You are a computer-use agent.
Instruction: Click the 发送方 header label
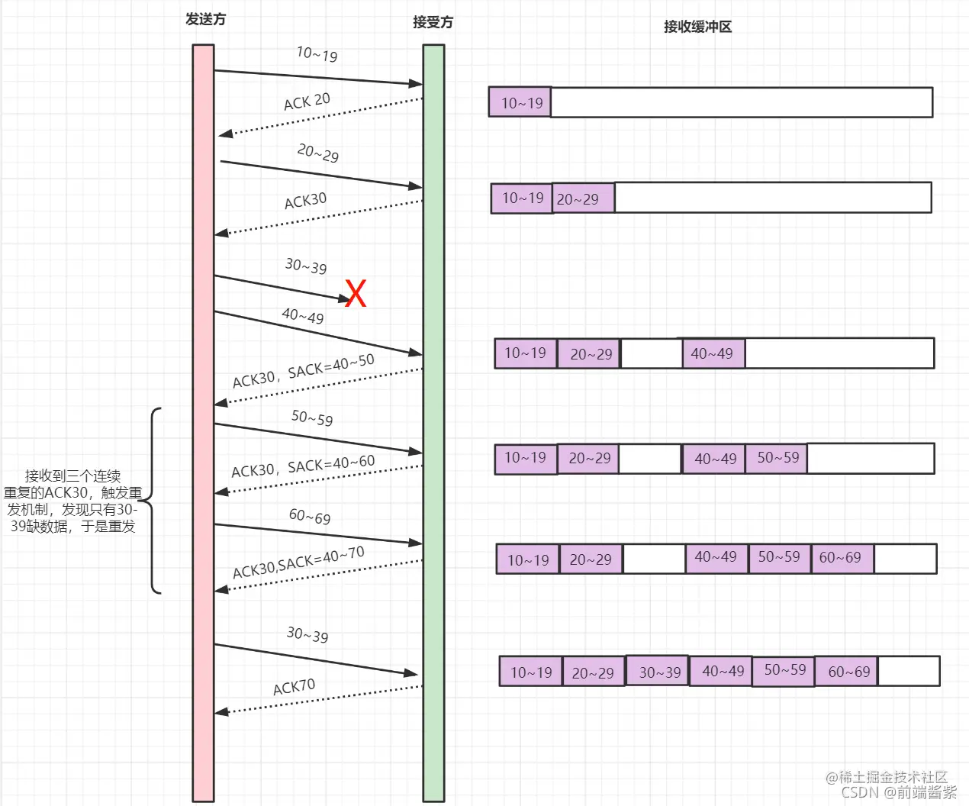tap(206, 20)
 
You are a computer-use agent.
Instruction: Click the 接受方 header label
tap(433, 22)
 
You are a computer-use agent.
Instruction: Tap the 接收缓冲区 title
tap(697, 27)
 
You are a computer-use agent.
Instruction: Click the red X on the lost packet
tap(356, 293)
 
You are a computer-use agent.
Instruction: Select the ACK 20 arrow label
tap(307, 102)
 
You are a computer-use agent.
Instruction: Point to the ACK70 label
tap(294, 687)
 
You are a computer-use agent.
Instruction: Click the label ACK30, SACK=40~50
tap(303, 371)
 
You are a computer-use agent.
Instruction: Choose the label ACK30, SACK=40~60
tap(303, 466)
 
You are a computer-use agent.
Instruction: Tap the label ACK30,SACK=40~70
tap(298, 563)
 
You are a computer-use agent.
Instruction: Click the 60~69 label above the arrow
tap(310, 517)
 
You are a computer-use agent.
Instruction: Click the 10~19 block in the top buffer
tap(521, 103)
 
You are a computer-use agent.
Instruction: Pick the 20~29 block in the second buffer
tap(583, 198)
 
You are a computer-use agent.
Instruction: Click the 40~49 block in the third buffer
tap(713, 353)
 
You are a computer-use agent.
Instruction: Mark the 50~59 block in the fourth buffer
tap(777, 458)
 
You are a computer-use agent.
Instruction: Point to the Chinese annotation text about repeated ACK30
tap(73, 501)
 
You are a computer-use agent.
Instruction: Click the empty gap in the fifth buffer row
tap(654, 559)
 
